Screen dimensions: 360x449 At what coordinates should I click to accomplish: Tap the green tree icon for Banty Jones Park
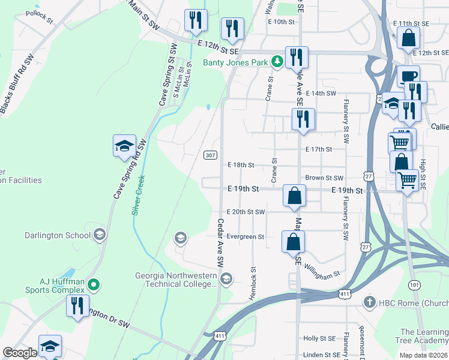(x=277, y=61)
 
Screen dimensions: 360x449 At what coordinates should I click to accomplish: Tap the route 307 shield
(x=209, y=155)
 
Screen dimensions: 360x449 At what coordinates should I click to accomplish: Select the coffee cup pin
(x=408, y=76)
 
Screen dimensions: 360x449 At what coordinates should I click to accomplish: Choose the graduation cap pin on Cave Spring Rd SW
(x=124, y=146)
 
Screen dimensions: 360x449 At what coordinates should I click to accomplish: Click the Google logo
(x=20, y=353)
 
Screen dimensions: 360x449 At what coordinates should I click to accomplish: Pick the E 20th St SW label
(x=246, y=212)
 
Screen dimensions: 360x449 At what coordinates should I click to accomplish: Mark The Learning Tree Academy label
(x=424, y=337)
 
